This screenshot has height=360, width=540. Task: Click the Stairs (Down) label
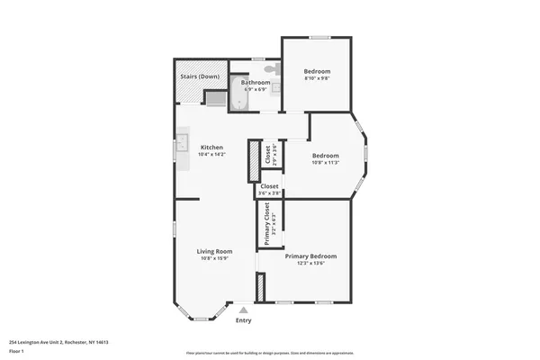[201, 76]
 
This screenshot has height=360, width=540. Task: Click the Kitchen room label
[211, 148]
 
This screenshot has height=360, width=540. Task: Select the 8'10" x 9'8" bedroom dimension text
[316, 78]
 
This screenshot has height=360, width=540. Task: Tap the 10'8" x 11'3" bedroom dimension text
[324, 162]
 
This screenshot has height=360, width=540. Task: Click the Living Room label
[215, 251]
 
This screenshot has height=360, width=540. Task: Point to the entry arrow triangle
[243, 310]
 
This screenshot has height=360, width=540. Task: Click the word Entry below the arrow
[243, 320]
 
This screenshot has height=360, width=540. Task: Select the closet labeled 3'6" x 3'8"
[270, 190]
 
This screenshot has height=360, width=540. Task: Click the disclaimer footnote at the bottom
[271, 354]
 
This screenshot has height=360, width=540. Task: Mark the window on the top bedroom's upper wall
[319, 37]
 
